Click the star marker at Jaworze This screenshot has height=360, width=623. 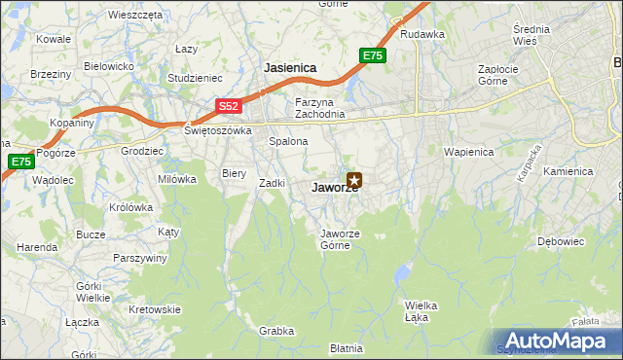[x=355, y=179]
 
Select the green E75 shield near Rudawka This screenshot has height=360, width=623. [x=373, y=56]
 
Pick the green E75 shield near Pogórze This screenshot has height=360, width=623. [x=19, y=162]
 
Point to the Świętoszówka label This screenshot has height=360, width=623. [x=218, y=129]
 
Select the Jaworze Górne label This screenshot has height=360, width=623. [x=342, y=238]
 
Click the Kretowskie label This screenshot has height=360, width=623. [x=155, y=309]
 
